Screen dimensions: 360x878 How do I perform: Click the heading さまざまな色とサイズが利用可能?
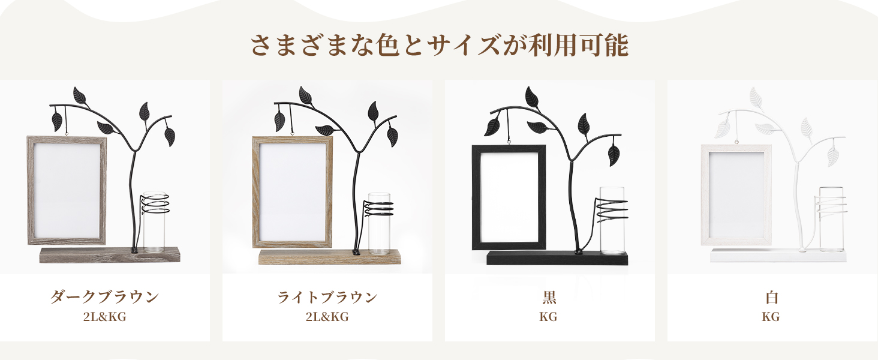(x=439, y=46)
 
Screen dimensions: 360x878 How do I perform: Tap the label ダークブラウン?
(x=104, y=297)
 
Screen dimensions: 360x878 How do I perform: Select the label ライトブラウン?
(x=327, y=297)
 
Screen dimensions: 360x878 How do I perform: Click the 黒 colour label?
(x=549, y=297)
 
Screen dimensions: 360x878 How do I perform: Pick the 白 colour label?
(x=771, y=297)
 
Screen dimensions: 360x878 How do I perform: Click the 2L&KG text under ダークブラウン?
(x=104, y=317)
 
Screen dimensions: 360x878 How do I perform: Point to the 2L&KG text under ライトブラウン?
(x=327, y=317)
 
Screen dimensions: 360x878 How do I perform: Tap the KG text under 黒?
(x=549, y=317)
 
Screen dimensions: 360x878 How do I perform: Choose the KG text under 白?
(x=771, y=317)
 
